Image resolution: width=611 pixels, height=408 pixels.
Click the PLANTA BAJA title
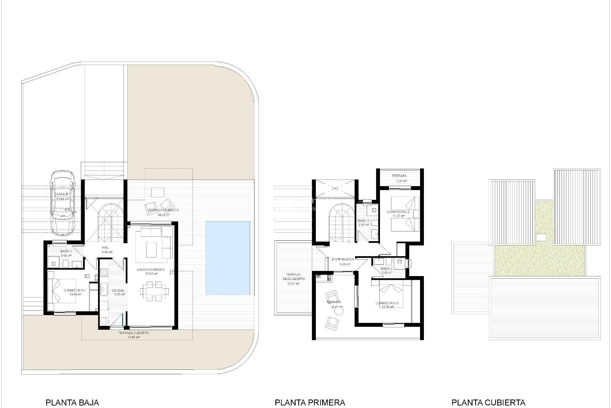click(72, 402)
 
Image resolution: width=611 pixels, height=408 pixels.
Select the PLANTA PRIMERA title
click(310, 402)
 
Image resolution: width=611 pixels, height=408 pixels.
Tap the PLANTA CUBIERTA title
click(488, 402)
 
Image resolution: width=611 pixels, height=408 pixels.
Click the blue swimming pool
click(228, 258)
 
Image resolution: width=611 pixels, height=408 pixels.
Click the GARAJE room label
click(62, 194)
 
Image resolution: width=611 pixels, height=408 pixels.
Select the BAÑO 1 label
click(66, 251)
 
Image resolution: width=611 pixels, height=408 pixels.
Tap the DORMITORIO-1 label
click(75, 290)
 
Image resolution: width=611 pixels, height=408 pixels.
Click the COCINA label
click(118, 290)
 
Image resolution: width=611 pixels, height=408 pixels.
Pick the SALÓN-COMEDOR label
click(151, 270)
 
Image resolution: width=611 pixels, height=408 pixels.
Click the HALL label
click(106, 248)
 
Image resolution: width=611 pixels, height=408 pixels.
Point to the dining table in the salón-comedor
click(154, 290)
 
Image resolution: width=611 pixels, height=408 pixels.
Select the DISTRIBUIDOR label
click(343, 259)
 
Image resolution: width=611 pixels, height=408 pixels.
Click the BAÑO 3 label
click(386, 269)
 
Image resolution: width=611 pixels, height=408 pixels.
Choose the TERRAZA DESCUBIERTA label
click(293, 276)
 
